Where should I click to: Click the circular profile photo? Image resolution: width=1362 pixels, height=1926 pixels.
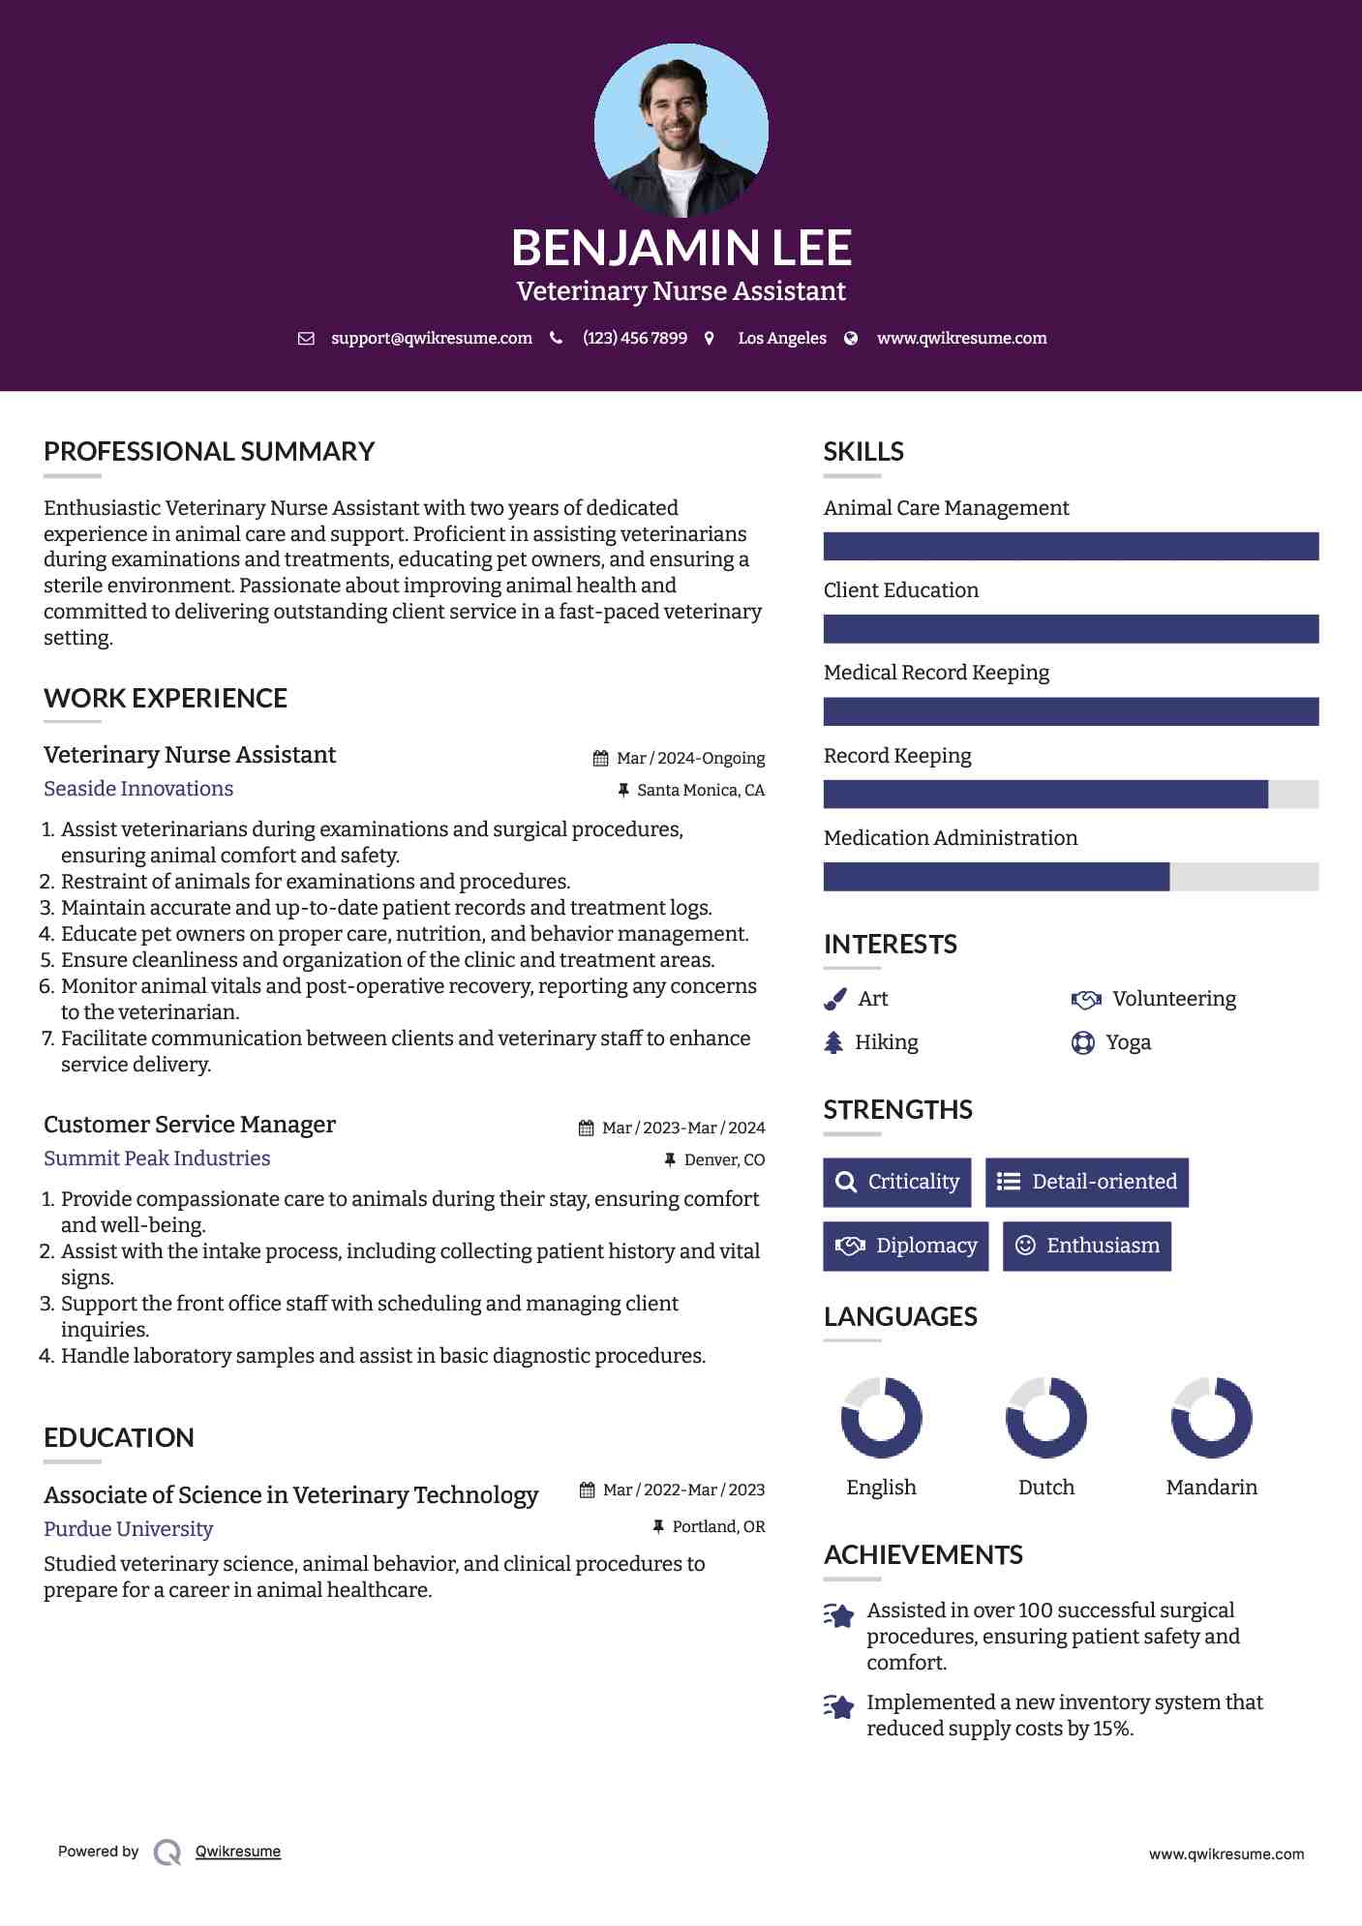click(681, 130)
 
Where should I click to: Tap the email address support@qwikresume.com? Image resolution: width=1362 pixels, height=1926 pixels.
click(431, 338)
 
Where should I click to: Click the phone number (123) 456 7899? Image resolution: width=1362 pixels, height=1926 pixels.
click(634, 338)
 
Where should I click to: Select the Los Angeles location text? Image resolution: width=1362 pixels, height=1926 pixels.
click(781, 338)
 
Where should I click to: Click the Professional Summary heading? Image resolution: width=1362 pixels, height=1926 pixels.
click(209, 452)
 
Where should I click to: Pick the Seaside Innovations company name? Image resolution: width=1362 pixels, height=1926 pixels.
click(138, 789)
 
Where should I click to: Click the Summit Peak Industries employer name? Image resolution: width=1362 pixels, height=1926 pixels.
click(157, 1159)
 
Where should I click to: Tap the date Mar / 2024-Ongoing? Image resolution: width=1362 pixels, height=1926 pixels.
click(690, 758)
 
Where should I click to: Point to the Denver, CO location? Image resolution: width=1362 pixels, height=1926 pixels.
click(724, 1159)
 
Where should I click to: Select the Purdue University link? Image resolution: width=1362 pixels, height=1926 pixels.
click(128, 1529)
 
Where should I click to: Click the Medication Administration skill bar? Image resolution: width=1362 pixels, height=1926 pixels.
click(1071, 877)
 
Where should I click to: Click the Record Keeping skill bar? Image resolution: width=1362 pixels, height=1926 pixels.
click(1071, 795)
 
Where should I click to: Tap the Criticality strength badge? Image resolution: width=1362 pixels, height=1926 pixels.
click(897, 1182)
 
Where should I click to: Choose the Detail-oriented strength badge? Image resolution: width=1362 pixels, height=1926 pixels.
click(1087, 1182)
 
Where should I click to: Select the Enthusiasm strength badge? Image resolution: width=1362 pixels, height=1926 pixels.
click(1087, 1246)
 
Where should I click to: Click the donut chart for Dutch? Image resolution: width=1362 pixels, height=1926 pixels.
click(1046, 1418)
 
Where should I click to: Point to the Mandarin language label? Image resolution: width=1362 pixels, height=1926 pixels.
click(1211, 1488)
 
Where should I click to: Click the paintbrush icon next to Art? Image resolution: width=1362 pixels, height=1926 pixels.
click(835, 999)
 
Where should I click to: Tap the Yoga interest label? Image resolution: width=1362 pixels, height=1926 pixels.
click(1128, 1042)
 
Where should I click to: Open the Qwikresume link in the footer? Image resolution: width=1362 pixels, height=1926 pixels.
click(238, 1851)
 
